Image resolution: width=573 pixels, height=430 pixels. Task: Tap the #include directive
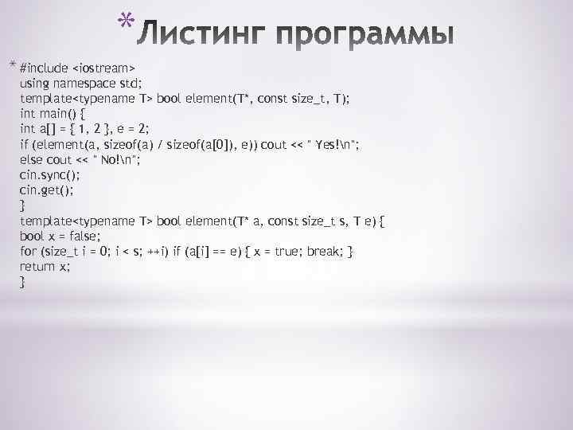tap(45, 67)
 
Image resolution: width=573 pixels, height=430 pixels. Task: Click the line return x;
tap(45, 267)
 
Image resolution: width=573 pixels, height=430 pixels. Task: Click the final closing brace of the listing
tap(22, 283)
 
